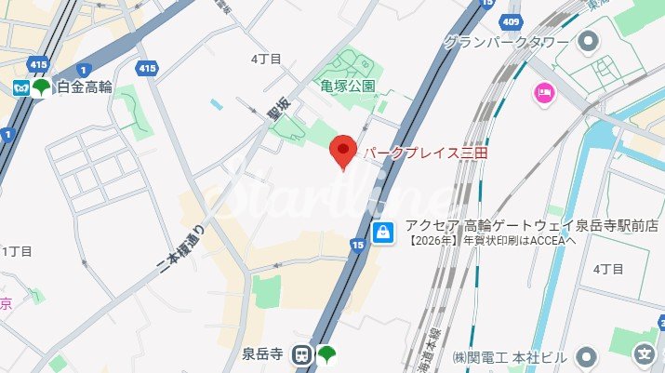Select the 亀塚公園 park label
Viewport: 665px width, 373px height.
click(x=348, y=86)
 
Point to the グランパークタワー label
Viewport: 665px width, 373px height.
click(x=507, y=42)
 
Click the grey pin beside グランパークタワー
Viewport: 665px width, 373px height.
click(x=587, y=42)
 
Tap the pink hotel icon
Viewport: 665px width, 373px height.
click(x=542, y=91)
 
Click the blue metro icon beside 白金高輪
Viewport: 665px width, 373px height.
click(x=20, y=87)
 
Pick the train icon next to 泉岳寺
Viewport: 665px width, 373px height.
click(x=301, y=353)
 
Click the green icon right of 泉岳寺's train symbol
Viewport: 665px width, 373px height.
click(x=326, y=353)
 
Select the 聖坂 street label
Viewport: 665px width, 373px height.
click(x=273, y=112)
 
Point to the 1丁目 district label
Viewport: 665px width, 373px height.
click(x=17, y=251)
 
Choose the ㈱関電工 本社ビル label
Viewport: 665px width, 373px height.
click(x=510, y=357)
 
